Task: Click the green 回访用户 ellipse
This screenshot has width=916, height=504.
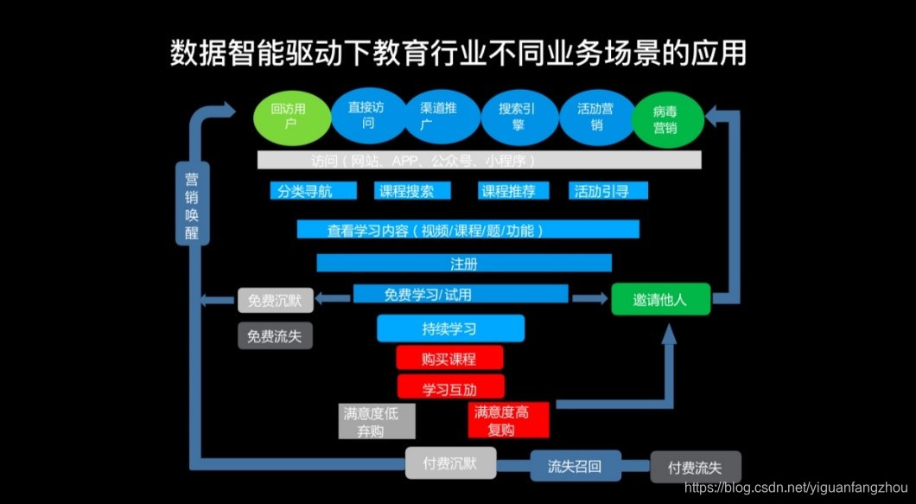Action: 291,118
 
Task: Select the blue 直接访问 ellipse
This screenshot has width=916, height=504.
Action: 366,117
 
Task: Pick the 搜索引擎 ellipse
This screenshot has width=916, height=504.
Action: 517,117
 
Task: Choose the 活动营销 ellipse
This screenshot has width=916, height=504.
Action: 595,117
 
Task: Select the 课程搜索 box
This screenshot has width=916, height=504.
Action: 406,191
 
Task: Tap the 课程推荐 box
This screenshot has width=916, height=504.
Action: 512,191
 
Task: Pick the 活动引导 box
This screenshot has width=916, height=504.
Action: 609,191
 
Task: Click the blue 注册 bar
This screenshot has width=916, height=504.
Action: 463,263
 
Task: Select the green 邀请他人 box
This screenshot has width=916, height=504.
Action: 660,299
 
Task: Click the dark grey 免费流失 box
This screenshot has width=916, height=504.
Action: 275,335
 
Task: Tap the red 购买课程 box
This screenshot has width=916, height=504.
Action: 449,358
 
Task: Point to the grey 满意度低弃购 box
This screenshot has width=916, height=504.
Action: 376,421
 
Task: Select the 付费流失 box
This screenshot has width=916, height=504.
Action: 695,468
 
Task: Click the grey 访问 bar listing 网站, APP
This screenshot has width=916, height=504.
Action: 479,161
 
